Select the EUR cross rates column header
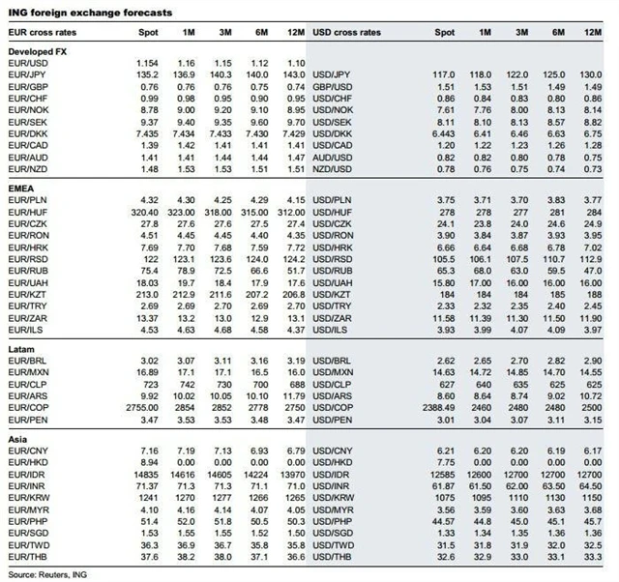coord(43,33)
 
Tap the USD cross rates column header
coord(348,33)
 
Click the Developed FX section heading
coord(37,49)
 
